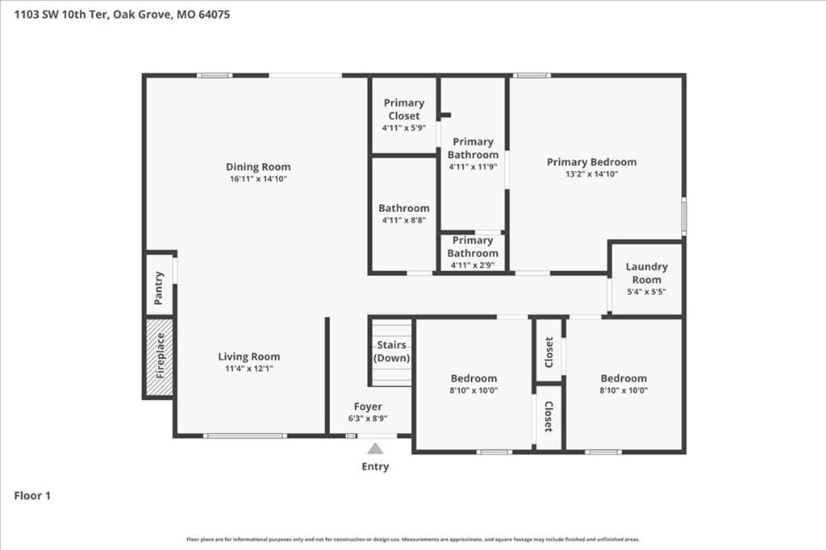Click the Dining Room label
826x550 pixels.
(258, 167)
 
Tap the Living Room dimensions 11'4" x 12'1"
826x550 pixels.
(249, 369)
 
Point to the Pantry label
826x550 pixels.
(159, 288)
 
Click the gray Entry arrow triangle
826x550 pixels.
(375, 448)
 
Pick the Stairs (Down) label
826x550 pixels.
(391, 352)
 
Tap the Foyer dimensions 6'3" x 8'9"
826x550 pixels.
(368, 419)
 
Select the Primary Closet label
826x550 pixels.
(404, 109)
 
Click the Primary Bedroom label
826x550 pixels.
(591, 162)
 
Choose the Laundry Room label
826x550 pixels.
(647, 273)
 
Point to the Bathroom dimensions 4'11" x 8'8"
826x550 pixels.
(404, 220)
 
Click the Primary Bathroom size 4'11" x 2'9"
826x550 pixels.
(473, 265)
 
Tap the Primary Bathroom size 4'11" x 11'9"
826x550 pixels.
(473, 167)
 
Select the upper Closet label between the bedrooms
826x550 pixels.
(549, 352)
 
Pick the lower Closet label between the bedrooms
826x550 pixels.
(549, 417)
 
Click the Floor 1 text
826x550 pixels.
(32, 496)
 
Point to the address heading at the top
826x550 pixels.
(122, 15)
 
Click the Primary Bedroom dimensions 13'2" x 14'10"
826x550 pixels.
(591, 174)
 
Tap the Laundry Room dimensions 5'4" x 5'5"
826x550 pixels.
(647, 292)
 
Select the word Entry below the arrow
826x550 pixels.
(375, 467)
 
